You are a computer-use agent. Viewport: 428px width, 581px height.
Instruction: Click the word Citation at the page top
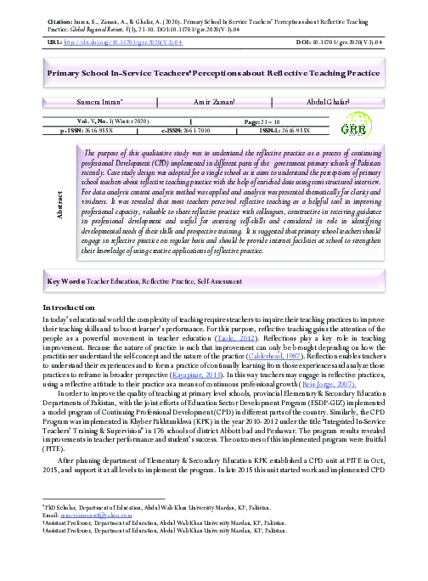59,11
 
